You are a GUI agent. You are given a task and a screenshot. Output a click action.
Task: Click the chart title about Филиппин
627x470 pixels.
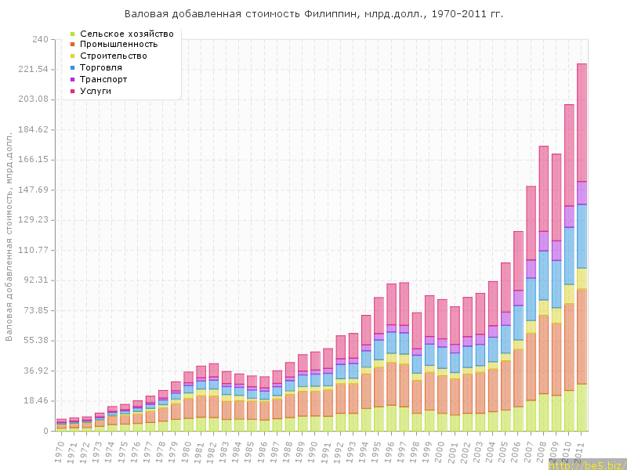(313, 14)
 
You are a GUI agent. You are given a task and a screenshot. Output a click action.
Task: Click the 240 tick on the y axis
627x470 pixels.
(41, 39)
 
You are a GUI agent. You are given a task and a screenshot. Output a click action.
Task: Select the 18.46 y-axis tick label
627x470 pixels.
(37, 401)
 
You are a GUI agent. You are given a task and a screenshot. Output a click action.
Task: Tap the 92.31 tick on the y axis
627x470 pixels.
(37, 280)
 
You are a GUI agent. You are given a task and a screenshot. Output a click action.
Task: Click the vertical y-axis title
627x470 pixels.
(9, 235)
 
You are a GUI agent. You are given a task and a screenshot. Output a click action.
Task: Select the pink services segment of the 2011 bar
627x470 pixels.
(582, 121)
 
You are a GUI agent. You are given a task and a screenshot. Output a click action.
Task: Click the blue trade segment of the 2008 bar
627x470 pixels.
(544, 275)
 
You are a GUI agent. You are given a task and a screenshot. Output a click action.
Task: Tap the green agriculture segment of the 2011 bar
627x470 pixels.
(582, 407)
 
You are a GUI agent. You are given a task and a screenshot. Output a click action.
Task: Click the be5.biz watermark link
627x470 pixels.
(587, 465)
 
